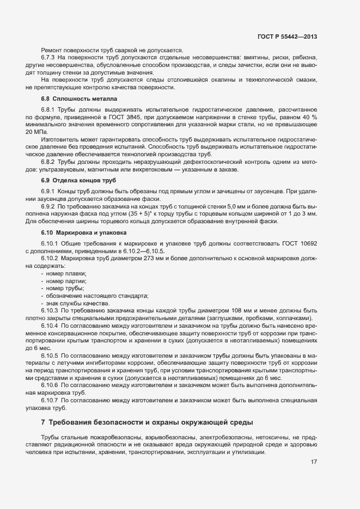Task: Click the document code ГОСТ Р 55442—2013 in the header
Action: pos(288,36)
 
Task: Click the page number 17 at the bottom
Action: pos(314,462)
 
